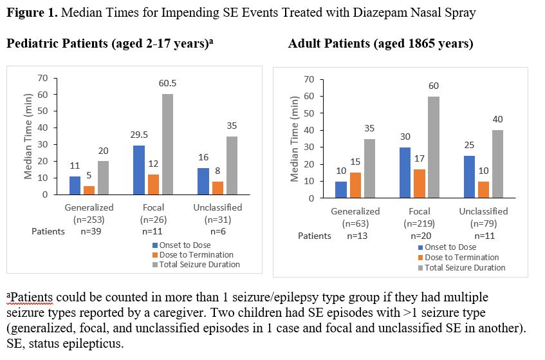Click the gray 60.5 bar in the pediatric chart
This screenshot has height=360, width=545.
pos(167,144)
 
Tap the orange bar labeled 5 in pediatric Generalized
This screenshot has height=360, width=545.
pos(89,190)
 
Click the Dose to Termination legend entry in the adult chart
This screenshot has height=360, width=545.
pos(456,258)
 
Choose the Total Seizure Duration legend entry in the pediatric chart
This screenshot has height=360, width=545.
pos(196,264)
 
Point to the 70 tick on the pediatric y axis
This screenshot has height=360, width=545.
pos(43,78)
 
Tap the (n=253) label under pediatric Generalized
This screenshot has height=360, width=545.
pos(89,218)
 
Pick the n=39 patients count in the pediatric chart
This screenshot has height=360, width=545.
pos(89,231)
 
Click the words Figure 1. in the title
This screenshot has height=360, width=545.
pos(30,12)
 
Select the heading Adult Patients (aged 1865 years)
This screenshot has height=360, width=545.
pos(380,44)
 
